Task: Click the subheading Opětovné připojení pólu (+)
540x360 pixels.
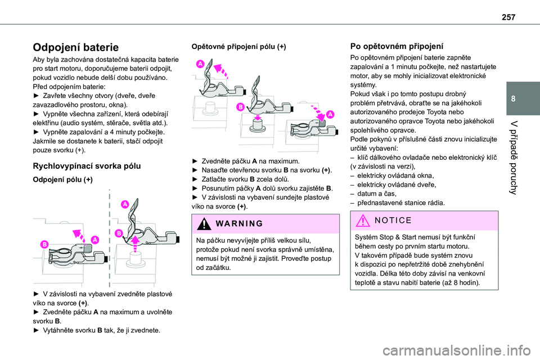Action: pos(238,47)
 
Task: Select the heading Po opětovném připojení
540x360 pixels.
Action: pos(397,47)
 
